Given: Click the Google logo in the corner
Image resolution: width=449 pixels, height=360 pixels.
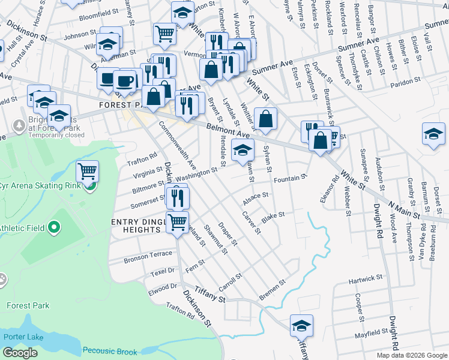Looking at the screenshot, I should [20, 353].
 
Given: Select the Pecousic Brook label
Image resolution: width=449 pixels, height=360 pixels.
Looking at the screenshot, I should [110, 351].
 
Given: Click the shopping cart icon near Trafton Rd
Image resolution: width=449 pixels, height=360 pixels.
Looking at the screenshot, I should [88, 172].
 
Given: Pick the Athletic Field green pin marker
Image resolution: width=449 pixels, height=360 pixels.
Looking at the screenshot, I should [54, 227].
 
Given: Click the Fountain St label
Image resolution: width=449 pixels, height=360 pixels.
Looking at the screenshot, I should [290, 179].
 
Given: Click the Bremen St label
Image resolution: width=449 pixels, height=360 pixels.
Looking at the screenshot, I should [272, 290].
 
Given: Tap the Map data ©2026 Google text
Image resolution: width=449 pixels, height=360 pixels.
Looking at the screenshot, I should [412, 355].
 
